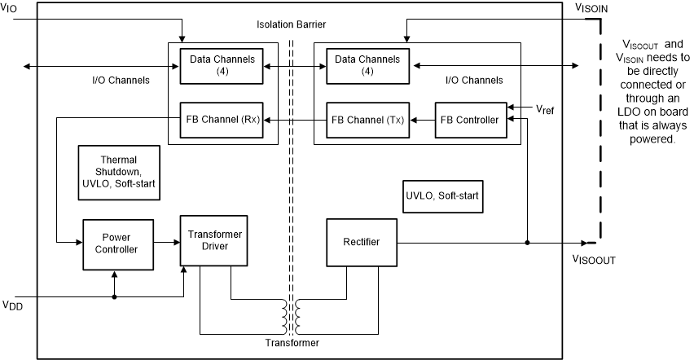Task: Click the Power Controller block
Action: point(115,243)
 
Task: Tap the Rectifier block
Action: point(360,242)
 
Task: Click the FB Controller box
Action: point(468,120)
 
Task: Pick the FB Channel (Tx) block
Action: point(367,120)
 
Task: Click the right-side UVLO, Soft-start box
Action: point(441,196)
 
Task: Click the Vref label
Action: point(545,108)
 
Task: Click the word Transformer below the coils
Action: point(292,343)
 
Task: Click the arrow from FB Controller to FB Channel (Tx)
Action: point(421,120)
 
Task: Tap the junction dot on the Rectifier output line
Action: point(528,242)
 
